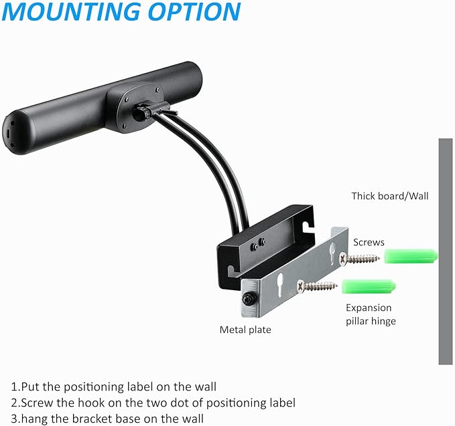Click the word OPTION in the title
(194, 11)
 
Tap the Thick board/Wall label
(390, 196)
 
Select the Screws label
(369, 242)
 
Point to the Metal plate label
(245, 330)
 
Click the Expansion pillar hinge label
(371, 314)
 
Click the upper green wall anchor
(411, 256)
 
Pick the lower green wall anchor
(369, 286)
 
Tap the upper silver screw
(359, 258)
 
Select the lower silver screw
(317, 286)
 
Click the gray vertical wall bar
(446, 251)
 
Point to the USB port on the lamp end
(9, 134)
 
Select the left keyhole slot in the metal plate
(280, 286)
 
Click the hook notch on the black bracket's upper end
(306, 227)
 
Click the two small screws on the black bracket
(258, 244)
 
